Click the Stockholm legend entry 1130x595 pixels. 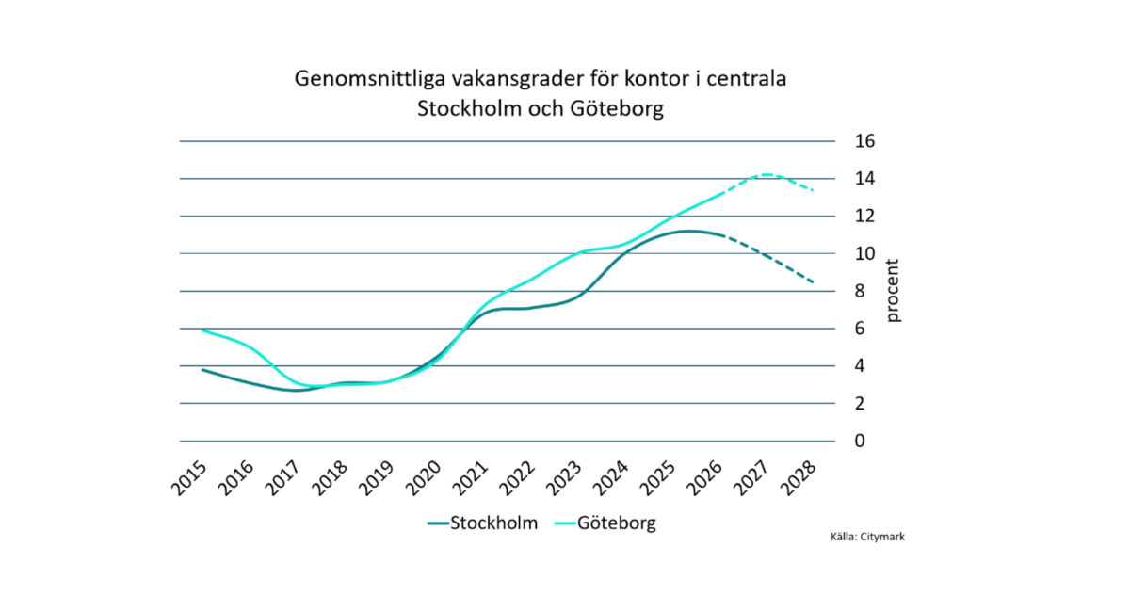[x=483, y=523]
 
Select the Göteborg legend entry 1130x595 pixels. [x=605, y=523]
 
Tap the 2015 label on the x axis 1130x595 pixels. [x=189, y=478]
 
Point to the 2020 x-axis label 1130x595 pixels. [x=424, y=478]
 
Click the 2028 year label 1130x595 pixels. [x=799, y=478]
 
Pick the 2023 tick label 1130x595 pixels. [x=564, y=478]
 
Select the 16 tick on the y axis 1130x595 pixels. [x=864, y=141]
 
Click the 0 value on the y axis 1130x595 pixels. [x=860, y=442]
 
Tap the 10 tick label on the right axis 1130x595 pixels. [x=864, y=253]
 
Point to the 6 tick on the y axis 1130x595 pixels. [x=860, y=329]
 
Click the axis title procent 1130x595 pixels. [x=893, y=291]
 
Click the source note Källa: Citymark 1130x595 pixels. [x=867, y=537]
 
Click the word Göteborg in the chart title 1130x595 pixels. [x=617, y=108]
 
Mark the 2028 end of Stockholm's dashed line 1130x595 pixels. [x=814, y=282]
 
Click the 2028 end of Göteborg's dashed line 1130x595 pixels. [x=814, y=190]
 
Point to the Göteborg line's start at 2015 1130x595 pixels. [x=202, y=330]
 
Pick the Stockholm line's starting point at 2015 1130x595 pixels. [x=202, y=370]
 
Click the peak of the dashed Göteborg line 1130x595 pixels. [x=767, y=174]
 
